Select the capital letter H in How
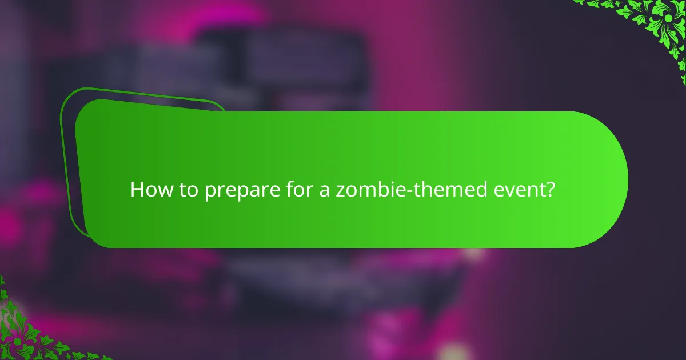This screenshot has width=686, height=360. [137, 190]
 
